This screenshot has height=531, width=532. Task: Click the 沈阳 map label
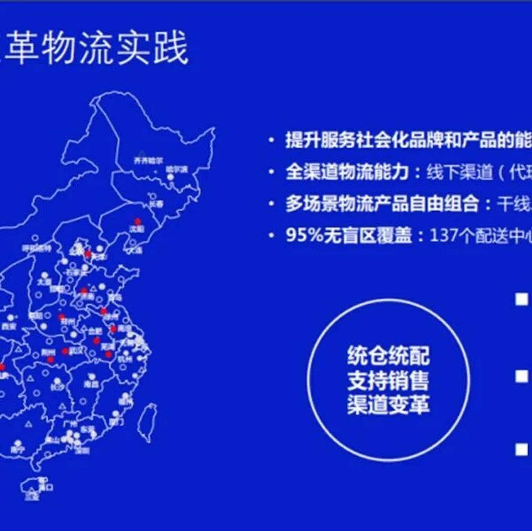[136, 229]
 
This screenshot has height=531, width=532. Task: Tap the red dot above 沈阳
[138, 221]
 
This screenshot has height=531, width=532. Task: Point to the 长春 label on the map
[156, 204]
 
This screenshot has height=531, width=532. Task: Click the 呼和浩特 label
[36, 248]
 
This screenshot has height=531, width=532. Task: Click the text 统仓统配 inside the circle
[388, 356]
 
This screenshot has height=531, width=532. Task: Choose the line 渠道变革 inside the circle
[388, 405]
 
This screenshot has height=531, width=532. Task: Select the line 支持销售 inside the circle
[388, 380]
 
